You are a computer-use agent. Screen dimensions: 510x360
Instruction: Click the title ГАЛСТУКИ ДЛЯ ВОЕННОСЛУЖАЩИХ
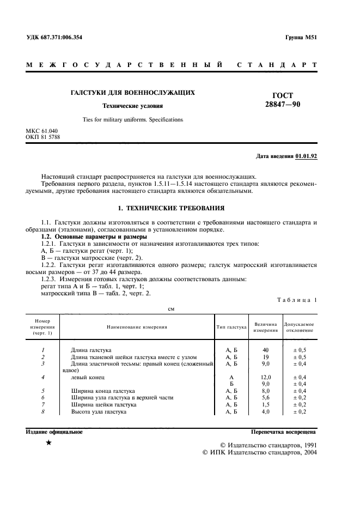pos(133,93)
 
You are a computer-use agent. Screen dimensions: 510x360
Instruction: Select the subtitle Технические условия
pos(133,106)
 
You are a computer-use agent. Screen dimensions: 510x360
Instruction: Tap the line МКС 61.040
pos(42,131)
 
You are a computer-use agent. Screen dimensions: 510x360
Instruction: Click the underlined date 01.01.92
pos(306,156)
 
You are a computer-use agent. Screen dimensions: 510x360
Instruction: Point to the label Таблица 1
pos(297,300)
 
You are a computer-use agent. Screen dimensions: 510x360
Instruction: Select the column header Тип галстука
pos(231,327)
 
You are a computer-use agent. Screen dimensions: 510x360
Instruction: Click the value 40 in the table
pos(266,349)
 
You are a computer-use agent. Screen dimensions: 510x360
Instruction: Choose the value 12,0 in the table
pos(266,377)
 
